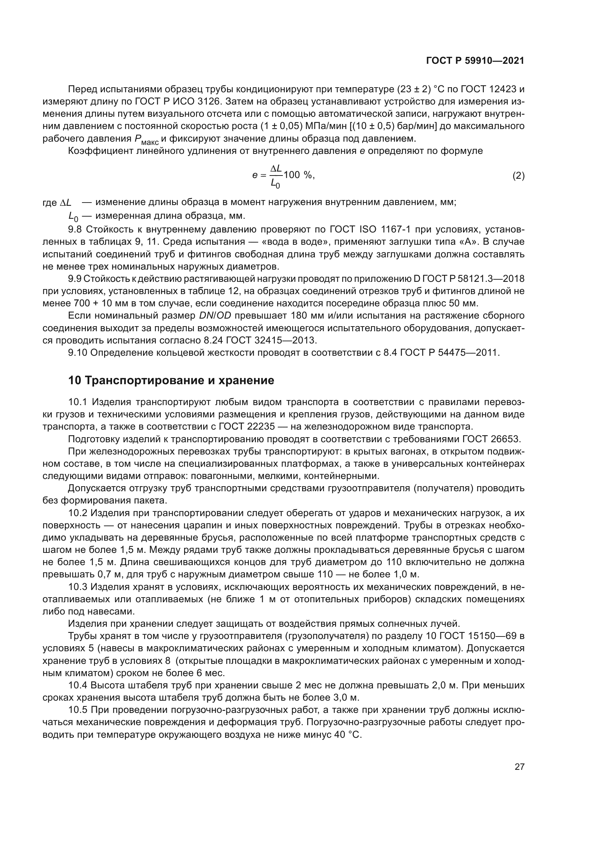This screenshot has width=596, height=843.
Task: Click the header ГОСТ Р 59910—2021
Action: tap(475, 61)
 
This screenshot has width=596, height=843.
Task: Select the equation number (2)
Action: tap(518, 176)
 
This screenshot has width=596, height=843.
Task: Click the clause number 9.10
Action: tap(77, 353)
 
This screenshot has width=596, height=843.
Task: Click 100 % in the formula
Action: tap(298, 175)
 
